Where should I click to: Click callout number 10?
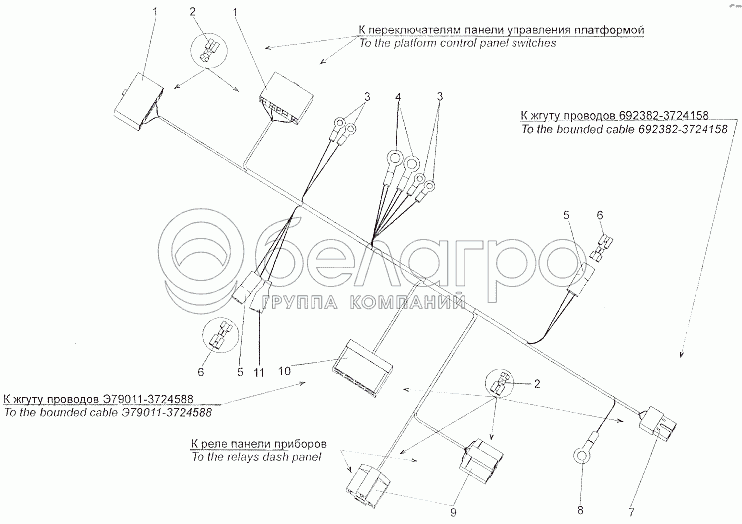[x=284, y=370]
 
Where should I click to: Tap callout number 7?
[x=631, y=511]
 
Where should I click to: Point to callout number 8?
[x=581, y=510]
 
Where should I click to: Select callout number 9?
[x=453, y=513]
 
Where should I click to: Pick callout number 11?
[x=258, y=373]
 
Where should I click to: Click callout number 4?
[x=398, y=98]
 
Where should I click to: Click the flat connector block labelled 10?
[x=363, y=368]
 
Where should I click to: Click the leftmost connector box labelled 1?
[x=138, y=101]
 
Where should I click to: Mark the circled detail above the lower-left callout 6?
[x=220, y=335]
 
